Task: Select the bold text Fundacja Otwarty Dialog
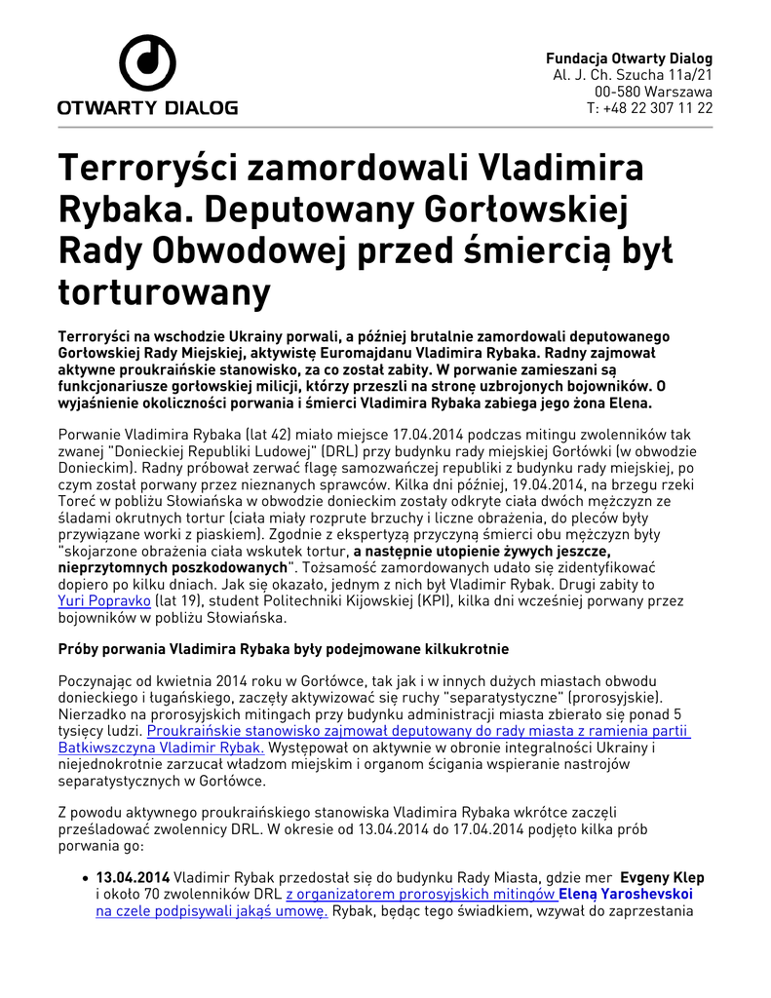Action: click(629, 58)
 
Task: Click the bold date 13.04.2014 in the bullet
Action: click(133, 878)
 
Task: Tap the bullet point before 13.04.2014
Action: click(87, 878)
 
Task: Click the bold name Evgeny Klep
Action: click(662, 878)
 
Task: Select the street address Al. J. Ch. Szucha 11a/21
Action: click(633, 75)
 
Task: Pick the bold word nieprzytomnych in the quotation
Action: click(112, 567)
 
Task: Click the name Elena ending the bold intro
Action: click(634, 403)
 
